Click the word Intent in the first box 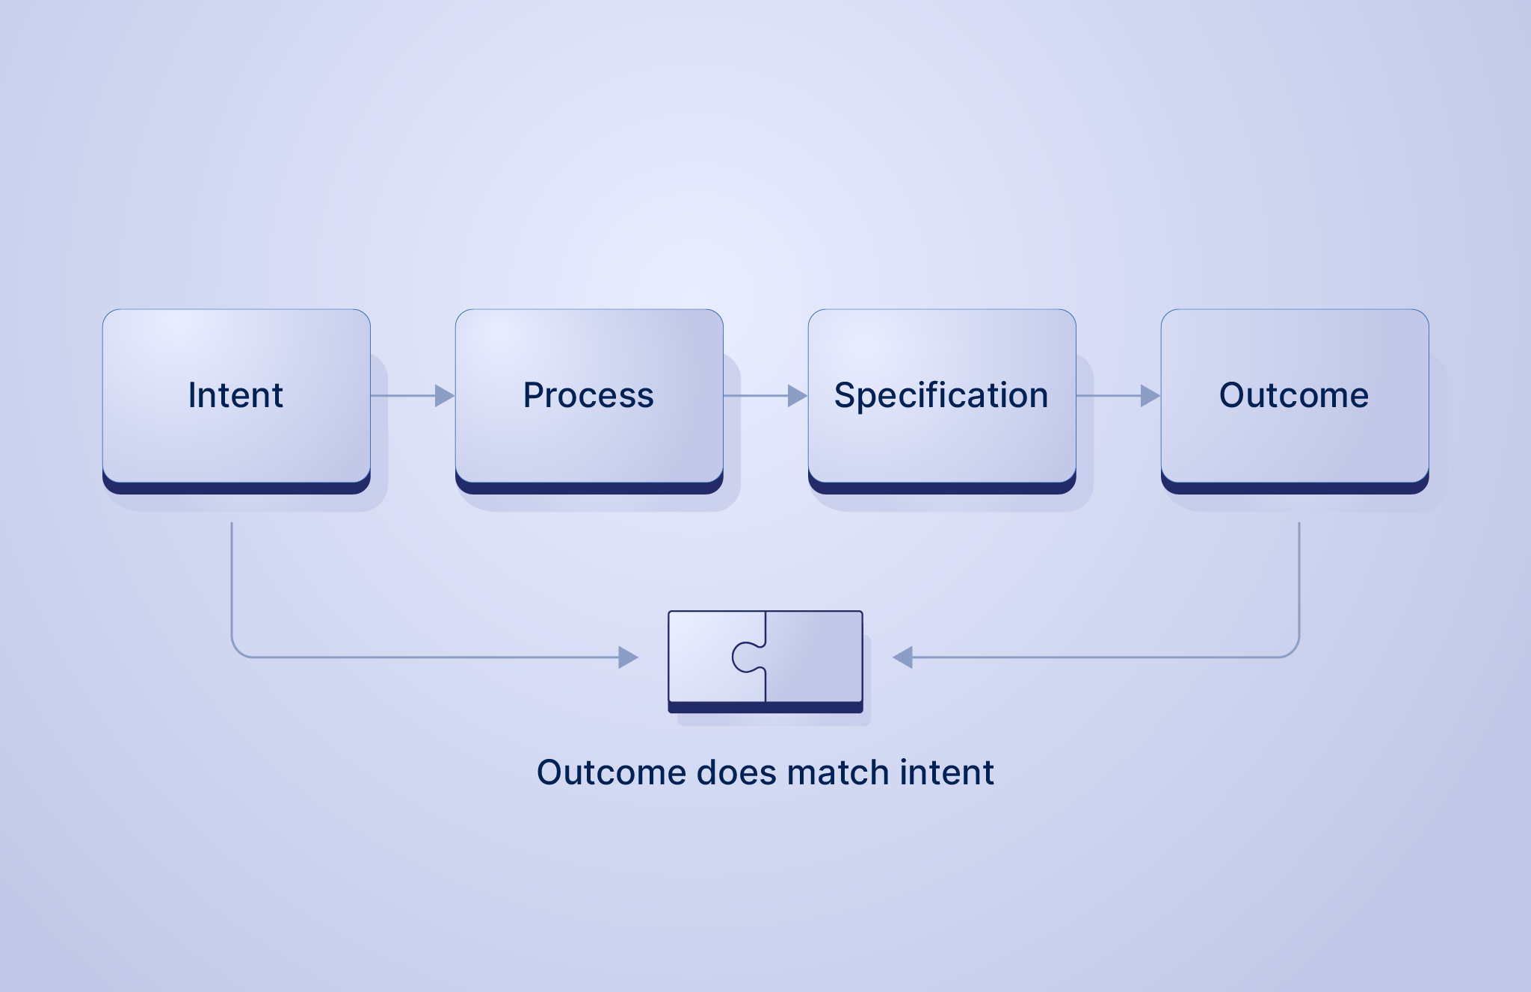(235, 395)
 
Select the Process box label (588, 395)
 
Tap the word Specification (941, 395)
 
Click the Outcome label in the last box (1294, 395)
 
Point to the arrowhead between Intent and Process (444, 396)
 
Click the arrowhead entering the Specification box (797, 396)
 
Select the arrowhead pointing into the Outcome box (1150, 396)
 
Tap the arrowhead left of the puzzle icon (628, 657)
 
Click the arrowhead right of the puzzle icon (903, 657)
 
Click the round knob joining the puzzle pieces (745, 657)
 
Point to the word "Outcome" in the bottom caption (612, 772)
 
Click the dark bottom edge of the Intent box (236, 488)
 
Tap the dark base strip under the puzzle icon (765, 707)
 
